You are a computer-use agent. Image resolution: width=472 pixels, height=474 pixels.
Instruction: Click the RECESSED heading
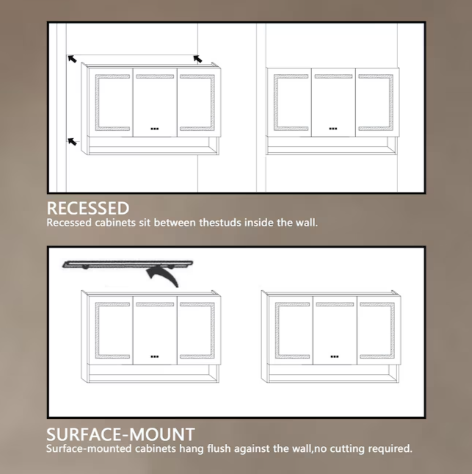(x=87, y=208)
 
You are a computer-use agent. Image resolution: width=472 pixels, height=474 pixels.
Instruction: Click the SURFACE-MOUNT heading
(x=120, y=434)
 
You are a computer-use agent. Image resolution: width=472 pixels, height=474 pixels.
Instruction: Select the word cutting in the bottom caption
(x=338, y=448)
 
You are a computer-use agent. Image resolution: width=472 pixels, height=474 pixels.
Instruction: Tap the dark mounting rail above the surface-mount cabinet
(x=128, y=262)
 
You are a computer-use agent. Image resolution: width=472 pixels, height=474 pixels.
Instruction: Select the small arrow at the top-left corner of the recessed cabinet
(x=72, y=58)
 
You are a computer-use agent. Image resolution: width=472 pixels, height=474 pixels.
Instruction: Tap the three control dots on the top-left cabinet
(x=154, y=128)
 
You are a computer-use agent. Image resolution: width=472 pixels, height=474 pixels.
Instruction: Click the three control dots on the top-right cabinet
(x=333, y=128)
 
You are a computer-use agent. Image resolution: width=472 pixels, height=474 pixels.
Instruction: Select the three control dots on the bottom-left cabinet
(x=154, y=356)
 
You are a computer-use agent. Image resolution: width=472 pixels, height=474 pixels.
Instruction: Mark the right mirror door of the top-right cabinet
(x=376, y=102)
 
